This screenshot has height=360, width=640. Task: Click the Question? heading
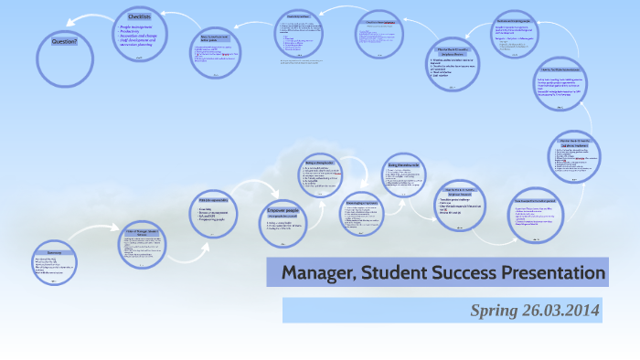point(64,41)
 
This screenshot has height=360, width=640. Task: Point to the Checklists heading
point(140,17)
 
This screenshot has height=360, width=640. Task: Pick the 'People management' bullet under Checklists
point(137,30)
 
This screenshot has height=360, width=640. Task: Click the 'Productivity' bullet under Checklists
point(133,37)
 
